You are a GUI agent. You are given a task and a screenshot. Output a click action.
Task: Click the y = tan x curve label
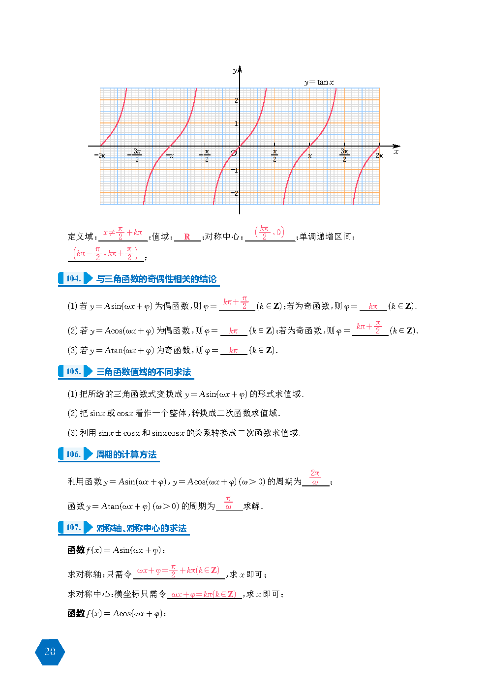[x=319, y=82]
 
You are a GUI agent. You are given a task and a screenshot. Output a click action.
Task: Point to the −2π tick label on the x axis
[x=99, y=155]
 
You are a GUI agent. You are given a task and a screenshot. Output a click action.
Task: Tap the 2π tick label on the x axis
[x=379, y=155]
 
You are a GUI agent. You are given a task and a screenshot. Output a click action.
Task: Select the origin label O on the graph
[x=233, y=153]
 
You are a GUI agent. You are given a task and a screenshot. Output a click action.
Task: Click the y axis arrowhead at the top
[x=240, y=69]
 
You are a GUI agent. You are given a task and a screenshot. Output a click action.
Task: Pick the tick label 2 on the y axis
[x=236, y=100]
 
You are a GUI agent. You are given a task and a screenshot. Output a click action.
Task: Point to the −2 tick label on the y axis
[x=235, y=193]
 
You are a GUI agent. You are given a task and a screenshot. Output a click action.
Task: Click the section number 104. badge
[x=73, y=278]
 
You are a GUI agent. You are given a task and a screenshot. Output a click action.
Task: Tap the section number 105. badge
[x=73, y=371]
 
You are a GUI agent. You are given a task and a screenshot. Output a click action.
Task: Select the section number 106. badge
[x=73, y=454]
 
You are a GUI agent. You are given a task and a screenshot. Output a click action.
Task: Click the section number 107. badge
[x=73, y=527]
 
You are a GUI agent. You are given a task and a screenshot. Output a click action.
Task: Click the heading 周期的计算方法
[x=126, y=454]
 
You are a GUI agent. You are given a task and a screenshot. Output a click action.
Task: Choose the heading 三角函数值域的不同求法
[x=144, y=372]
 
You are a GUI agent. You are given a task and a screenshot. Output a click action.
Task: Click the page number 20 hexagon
[x=50, y=652]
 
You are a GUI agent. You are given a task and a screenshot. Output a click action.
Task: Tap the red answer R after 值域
[x=187, y=237]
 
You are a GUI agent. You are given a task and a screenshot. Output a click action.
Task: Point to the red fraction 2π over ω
[x=315, y=477]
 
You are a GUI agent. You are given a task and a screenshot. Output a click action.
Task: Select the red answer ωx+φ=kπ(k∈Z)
[x=204, y=594]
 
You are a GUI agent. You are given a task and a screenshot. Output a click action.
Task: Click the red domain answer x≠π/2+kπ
[x=122, y=233]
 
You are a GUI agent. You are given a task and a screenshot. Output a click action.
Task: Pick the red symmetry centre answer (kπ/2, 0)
[x=269, y=232]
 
